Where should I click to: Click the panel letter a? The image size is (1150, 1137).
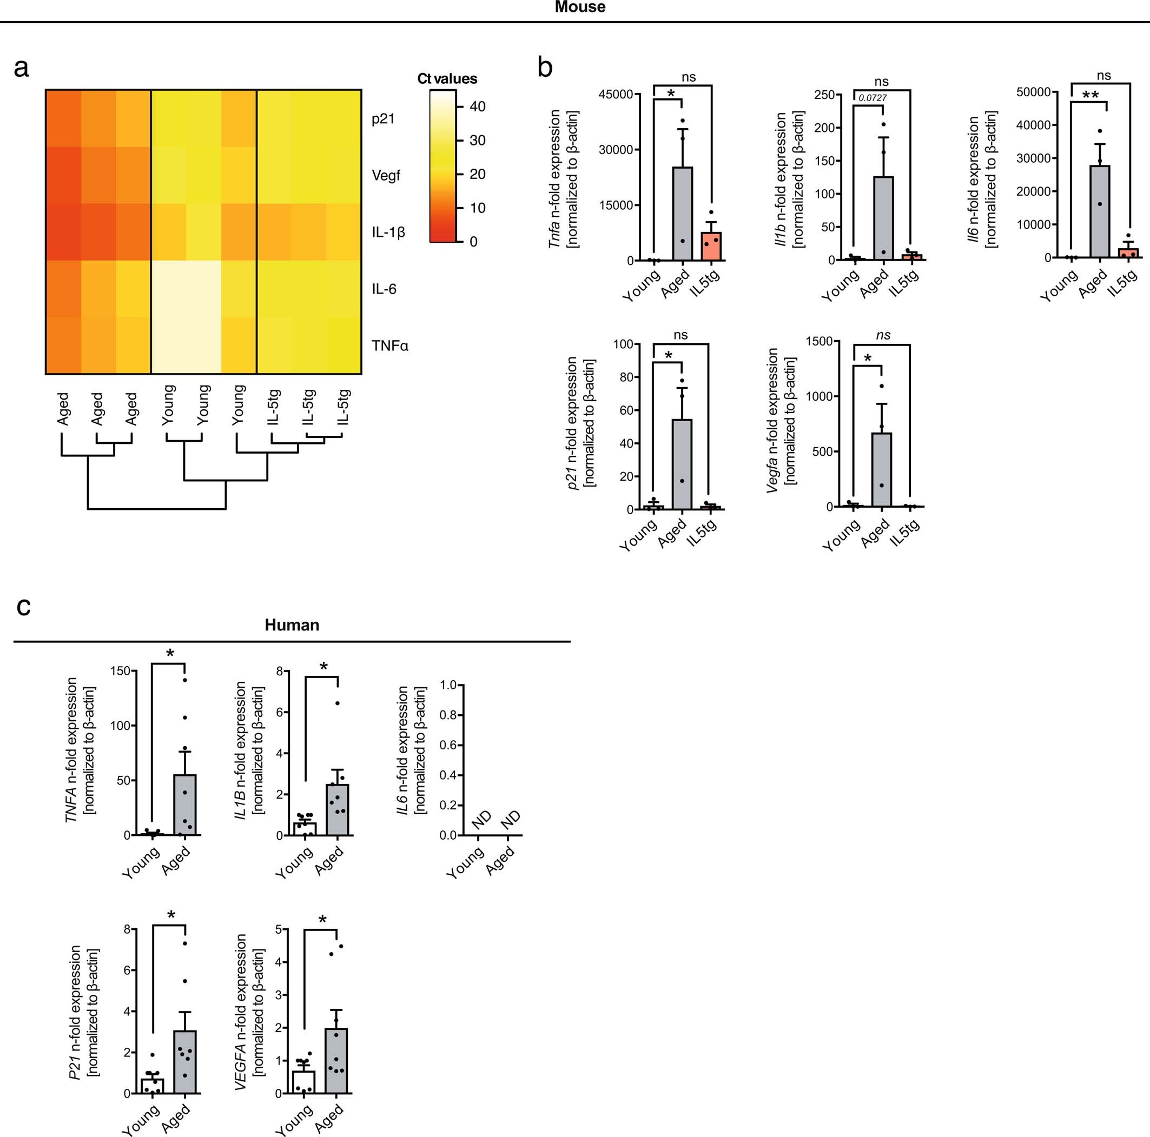tap(22, 69)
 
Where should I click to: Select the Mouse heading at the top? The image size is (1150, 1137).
tap(580, 7)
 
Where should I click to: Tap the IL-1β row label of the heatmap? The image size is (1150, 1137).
tap(388, 232)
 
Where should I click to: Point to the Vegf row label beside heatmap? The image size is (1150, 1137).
tap(386, 176)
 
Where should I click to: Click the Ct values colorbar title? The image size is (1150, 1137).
tap(447, 78)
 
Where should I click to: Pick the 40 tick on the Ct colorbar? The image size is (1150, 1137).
tap(478, 107)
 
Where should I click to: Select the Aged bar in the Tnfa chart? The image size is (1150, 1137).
tap(683, 214)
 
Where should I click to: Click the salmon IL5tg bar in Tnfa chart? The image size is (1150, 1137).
tap(711, 247)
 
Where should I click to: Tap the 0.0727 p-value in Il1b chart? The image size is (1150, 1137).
tap(872, 97)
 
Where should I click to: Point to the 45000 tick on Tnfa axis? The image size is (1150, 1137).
tap(616, 95)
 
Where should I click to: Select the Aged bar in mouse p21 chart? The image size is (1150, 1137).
tap(682, 464)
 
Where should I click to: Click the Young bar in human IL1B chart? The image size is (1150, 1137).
tap(305, 829)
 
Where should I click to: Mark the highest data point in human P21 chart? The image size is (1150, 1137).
tap(185, 943)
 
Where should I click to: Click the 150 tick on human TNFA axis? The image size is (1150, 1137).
tap(120, 671)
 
